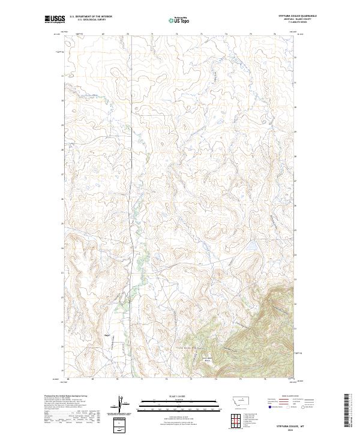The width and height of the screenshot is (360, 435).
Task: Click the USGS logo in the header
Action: pos(55,19)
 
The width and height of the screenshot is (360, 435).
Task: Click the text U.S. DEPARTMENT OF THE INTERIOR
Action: pos(91,17)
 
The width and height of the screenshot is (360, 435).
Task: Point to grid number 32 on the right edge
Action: pos(295,57)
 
